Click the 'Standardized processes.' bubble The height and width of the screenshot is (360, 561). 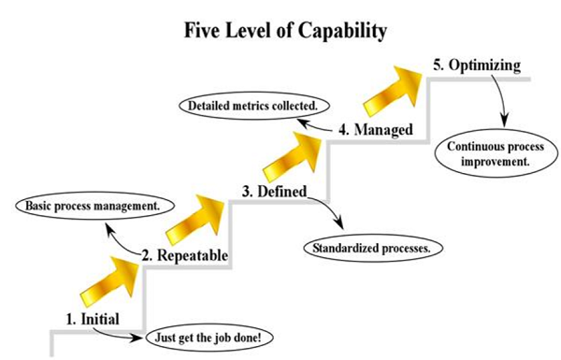coord(372,249)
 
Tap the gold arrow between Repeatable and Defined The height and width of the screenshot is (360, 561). coord(195,215)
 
